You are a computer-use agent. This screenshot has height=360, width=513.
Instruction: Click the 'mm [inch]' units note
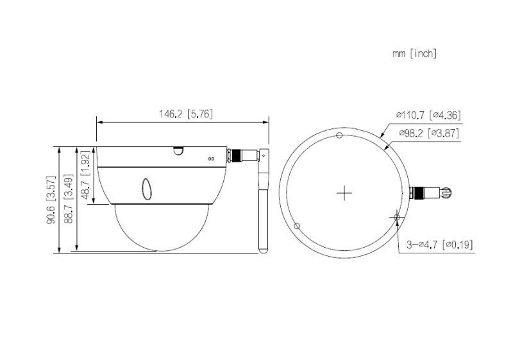tap(414, 54)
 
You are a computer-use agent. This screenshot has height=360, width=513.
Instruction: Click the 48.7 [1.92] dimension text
tap(86, 176)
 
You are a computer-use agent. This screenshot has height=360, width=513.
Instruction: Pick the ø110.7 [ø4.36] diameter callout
tap(428, 116)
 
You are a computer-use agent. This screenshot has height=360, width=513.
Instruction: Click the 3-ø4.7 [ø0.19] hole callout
tap(441, 244)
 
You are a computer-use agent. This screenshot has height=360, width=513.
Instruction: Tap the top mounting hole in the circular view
tap(340, 135)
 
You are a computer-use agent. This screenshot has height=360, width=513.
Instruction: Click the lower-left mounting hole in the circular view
tap(297, 226)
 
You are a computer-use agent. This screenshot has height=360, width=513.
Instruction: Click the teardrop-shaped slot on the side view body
tap(146, 188)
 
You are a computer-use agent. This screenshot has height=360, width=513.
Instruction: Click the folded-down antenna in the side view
tap(262, 205)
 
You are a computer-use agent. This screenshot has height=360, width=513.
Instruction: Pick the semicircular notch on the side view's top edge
tap(178, 151)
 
